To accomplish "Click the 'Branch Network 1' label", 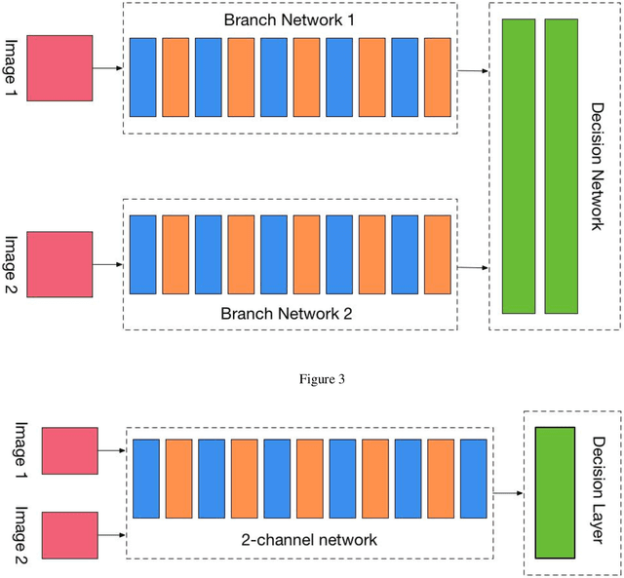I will pyautogui.click(x=290, y=19).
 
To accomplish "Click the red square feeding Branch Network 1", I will pyautogui.click(x=60, y=68).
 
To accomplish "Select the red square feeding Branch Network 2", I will pyautogui.click(x=60, y=264).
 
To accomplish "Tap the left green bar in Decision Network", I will pyautogui.click(x=518, y=166).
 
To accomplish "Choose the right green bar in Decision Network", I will pyautogui.click(x=561, y=166).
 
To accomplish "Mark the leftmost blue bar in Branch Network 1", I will pyautogui.click(x=142, y=77).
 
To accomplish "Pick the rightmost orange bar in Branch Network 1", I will pyautogui.click(x=438, y=77).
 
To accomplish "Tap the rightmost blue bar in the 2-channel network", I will pyautogui.click(x=474, y=479).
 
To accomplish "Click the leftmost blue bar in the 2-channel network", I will pyautogui.click(x=145, y=479).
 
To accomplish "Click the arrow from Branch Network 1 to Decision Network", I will pyautogui.click(x=474, y=71).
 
